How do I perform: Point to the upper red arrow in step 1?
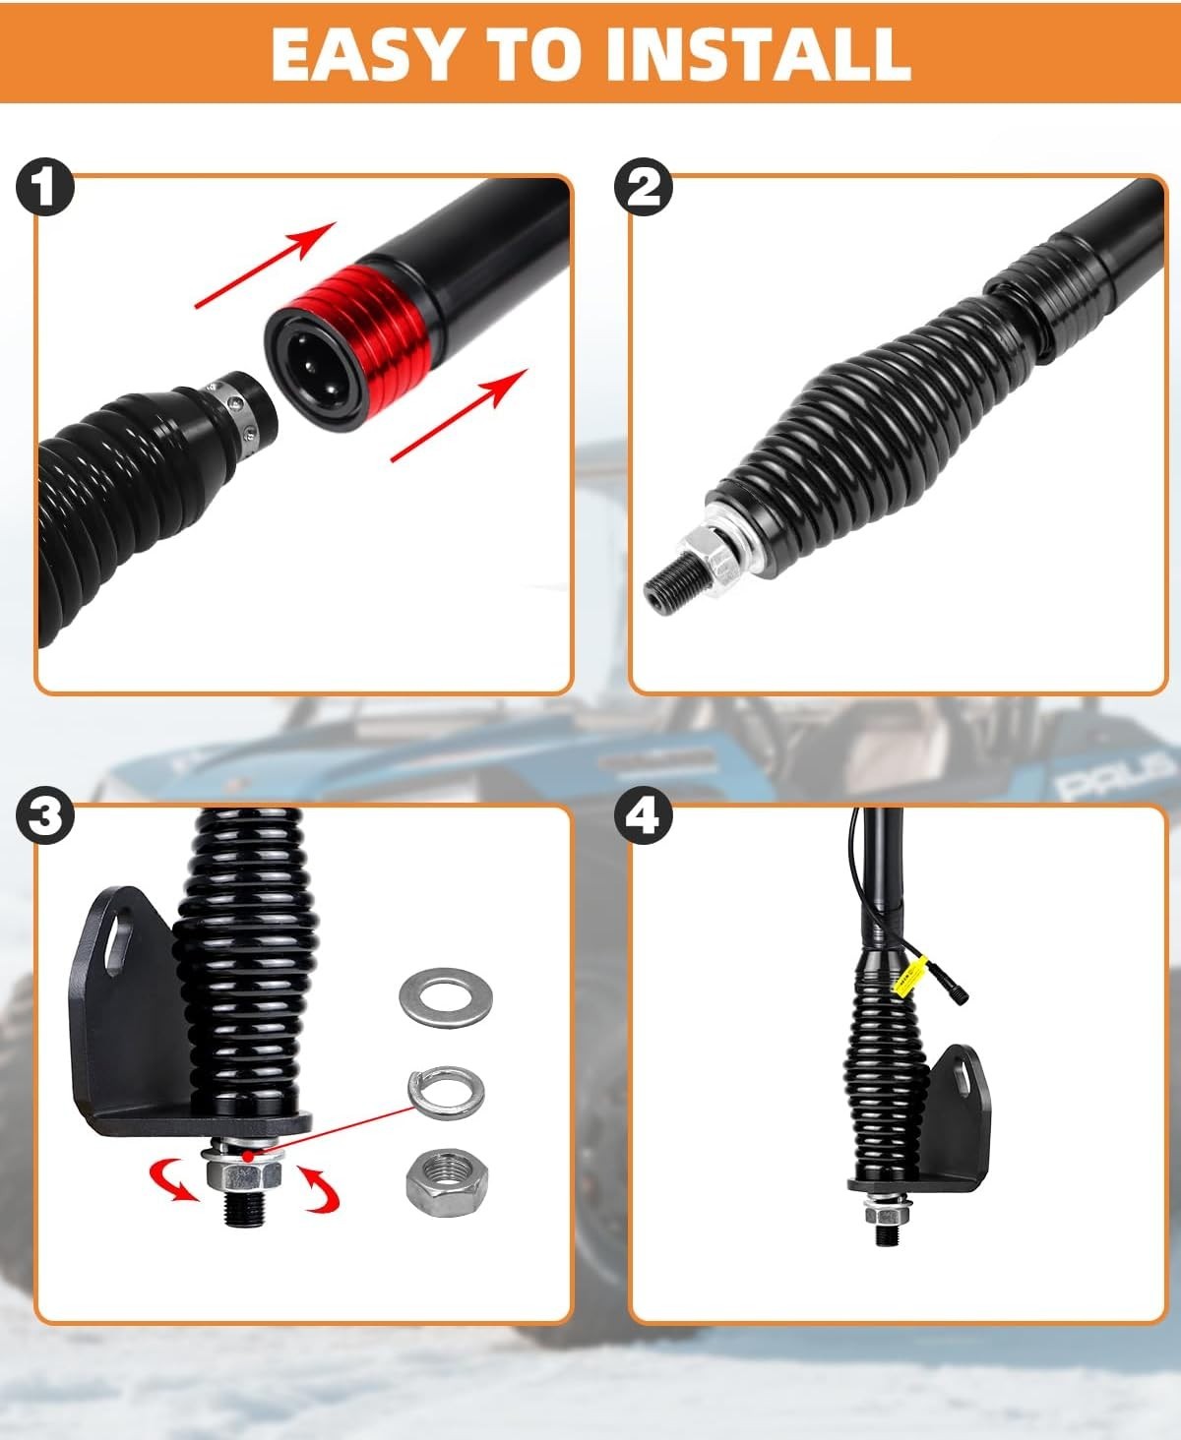[266, 266]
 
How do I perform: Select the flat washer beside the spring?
[446, 995]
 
